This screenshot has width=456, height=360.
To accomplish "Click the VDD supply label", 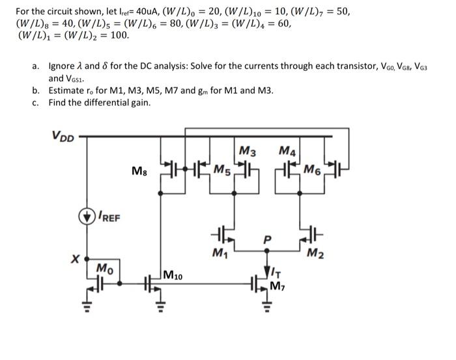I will click(63, 136).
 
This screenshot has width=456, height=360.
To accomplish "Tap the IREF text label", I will click(109, 217).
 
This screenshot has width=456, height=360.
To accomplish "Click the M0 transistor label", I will click(103, 267).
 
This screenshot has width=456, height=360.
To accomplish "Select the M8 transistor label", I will click(139, 171).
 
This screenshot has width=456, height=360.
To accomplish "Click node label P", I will click(265, 239).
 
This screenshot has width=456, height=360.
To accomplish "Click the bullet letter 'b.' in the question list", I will click(36, 90).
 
